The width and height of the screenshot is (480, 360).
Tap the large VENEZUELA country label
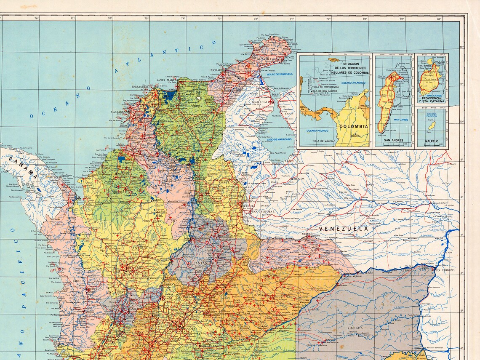[x=343, y=229]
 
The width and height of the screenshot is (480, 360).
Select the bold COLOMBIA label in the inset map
[x=354, y=126]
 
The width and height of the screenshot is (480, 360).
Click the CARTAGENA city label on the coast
[x=119, y=112]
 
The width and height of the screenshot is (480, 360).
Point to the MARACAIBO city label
[x=261, y=102]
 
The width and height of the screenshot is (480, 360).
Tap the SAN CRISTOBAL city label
[x=263, y=211]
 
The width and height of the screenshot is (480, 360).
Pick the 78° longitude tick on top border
[x=37, y=18]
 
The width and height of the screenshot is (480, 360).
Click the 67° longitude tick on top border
[x=439, y=18]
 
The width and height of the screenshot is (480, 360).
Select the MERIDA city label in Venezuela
[x=299, y=179]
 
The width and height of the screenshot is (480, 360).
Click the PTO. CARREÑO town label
[x=445, y=269]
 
